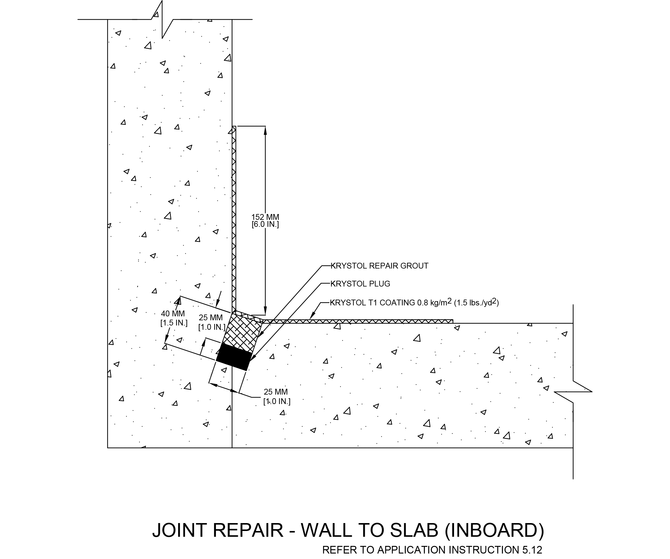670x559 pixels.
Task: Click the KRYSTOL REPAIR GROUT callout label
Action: click(x=379, y=265)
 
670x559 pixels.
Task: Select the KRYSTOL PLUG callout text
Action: click(x=360, y=283)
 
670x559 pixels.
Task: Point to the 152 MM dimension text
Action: click(x=265, y=217)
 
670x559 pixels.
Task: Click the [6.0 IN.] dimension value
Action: click(x=265, y=224)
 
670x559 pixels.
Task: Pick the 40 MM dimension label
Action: click(x=173, y=314)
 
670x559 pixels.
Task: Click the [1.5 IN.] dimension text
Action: click(x=174, y=323)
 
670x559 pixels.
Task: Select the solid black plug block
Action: click(x=234, y=357)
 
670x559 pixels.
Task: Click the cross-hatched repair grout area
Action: click(x=242, y=332)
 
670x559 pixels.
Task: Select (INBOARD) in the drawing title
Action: click(x=494, y=530)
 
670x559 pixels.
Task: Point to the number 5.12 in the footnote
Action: click(x=532, y=550)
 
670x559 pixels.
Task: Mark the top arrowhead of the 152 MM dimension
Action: click(x=265, y=129)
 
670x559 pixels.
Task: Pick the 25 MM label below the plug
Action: click(x=276, y=392)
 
